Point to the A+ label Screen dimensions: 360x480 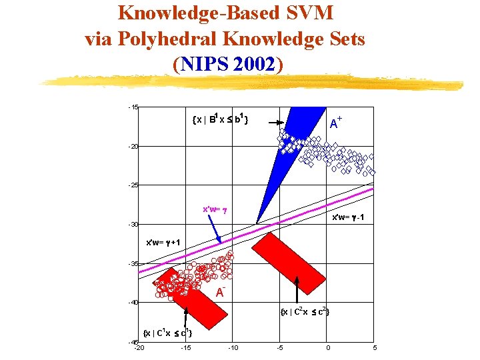pyautogui.click(x=337, y=122)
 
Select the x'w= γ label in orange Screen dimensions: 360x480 pyautogui.click(x=215, y=209)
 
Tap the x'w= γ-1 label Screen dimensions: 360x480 pyautogui.click(x=348, y=218)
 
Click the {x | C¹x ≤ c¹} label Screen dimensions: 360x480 pyautogui.click(x=169, y=333)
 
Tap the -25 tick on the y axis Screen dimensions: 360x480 pyautogui.click(x=134, y=185)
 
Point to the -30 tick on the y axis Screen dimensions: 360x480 pyautogui.click(x=134, y=225)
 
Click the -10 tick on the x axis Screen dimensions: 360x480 pyautogui.click(x=233, y=348)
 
